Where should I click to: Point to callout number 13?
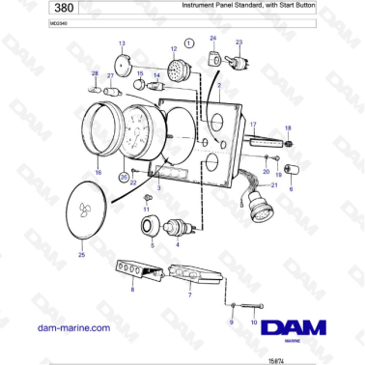coord(122,44)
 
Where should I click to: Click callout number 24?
coord(214,40)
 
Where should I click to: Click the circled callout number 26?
coord(124,178)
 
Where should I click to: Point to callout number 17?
coord(253,124)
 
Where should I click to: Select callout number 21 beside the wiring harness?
coord(273,183)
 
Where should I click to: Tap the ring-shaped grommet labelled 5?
coord(151,226)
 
